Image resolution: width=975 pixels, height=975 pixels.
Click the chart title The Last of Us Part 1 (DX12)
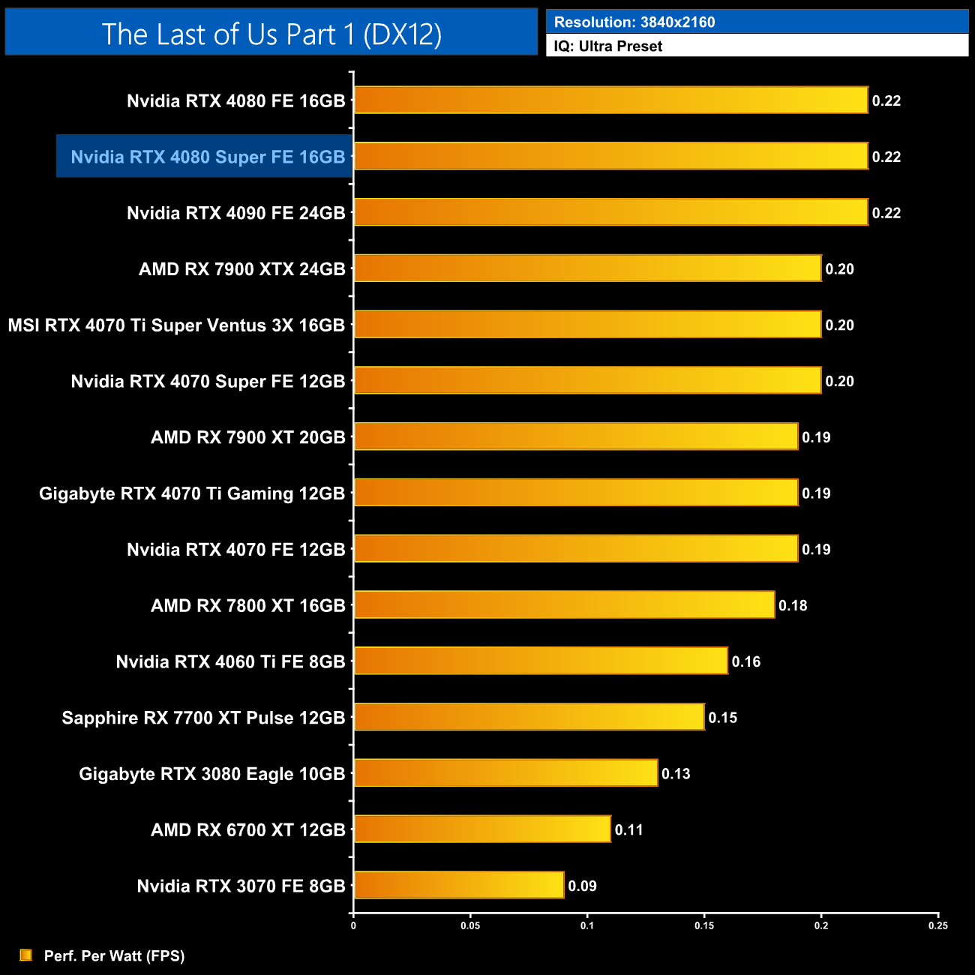(x=271, y=34)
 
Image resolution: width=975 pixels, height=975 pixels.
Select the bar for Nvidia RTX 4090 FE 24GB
(x=610, y=212)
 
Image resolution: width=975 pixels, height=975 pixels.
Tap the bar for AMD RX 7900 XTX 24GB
(x=587, y=268)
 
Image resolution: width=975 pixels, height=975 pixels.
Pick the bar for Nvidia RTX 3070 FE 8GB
(x=458, y=885)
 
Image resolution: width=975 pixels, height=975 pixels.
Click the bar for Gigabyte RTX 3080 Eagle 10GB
(x=505, y=773)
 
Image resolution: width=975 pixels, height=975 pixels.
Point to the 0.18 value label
(x=793, y=605)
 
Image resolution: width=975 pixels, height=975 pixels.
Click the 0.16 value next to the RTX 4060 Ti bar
(x=746, y=661)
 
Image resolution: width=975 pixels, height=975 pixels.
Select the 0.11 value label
(x=629, y=829)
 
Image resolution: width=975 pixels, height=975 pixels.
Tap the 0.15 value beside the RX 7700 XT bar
(x=723, y=718)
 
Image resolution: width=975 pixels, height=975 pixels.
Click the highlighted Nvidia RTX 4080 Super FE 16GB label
(x=208, y=157)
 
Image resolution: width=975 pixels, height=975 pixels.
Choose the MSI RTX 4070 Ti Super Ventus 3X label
(x=176, y=325)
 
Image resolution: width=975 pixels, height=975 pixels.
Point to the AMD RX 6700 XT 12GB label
(x=247, y=829)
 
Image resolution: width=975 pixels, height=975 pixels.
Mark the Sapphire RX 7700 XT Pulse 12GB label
(x=203, y=718)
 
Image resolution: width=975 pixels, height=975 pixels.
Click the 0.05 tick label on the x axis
(x=470, y=925)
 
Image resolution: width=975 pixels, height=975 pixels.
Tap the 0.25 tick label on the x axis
(x=938, y=925)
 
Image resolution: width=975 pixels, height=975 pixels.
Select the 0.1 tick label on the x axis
(x=587, y=925)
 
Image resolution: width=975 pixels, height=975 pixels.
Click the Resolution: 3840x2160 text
(x=634, y=22)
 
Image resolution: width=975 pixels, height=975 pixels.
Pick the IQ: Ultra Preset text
(x=608, y=46)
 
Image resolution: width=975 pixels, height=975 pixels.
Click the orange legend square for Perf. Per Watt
(x=26, y=955)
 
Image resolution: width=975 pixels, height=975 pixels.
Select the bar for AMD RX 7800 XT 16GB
(x=564, y=604)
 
